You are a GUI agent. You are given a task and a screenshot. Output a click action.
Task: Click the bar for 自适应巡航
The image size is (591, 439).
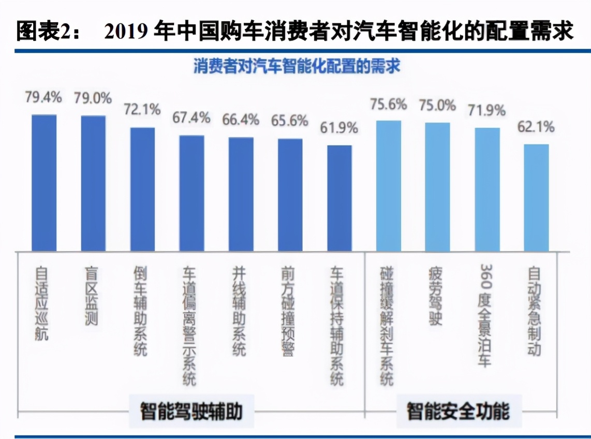tap(44, 183)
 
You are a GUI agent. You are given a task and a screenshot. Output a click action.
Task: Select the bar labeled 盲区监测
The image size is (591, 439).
tap(93, 183)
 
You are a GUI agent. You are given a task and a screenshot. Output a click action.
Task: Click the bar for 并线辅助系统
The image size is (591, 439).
tap(241, 194)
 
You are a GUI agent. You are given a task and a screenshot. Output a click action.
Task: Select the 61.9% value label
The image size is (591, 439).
tap(339, 128)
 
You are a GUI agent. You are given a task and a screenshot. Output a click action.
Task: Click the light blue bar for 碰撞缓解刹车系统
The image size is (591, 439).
tap(389, 186)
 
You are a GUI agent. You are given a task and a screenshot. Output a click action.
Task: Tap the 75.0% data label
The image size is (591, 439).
tap(437, 105)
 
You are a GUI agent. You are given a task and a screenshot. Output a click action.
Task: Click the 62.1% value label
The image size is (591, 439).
tap(536, 126)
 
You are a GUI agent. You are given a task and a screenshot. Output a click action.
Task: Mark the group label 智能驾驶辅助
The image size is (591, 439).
tap(191, 412)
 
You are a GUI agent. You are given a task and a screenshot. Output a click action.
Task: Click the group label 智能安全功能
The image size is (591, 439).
tap(458, 412)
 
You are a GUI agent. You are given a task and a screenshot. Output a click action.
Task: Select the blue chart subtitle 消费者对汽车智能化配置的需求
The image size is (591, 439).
tap(297, 67)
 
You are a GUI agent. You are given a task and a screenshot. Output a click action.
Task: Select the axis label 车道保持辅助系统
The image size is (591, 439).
tap(337, 326)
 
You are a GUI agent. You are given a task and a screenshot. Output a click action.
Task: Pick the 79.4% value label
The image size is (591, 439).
tap(44, 97)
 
